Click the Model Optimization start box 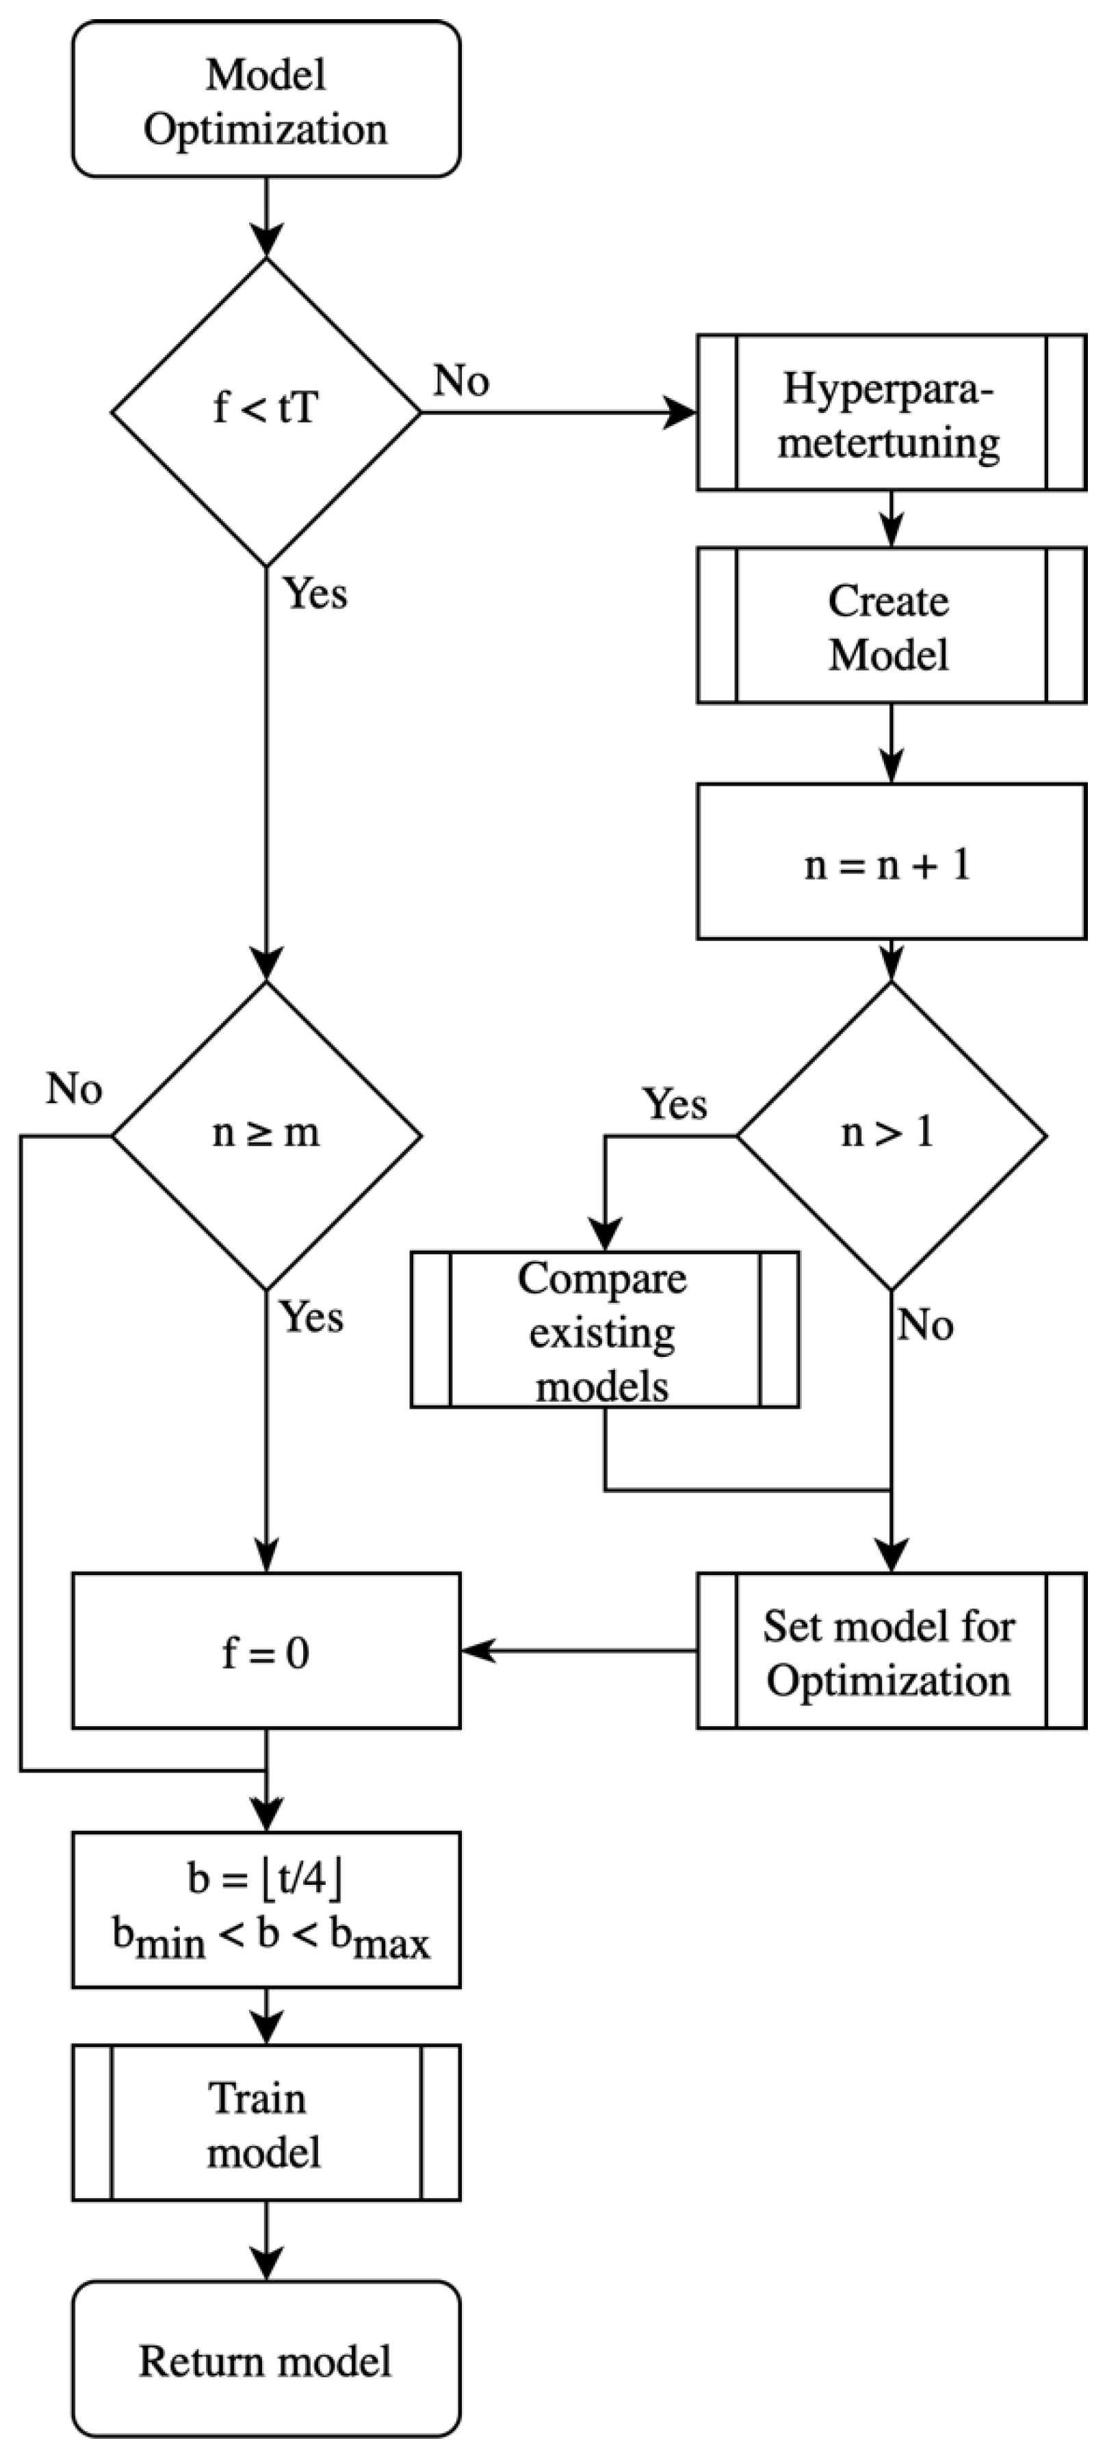click(x=265, y=99)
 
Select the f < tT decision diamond click(x=265, y=412)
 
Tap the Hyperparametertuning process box click(x=890, y=412)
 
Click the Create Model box click(x=890, y=626)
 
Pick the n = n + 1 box click(x=890, y=862)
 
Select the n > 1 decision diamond click(x=890, y=1135)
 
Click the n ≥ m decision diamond click(x=265, y=1135)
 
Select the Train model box click(x=265, y=2123)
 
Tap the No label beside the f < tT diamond click(x=461, y=381)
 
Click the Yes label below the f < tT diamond click(x=315, y=594)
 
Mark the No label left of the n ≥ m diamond click(x=73, y=1089)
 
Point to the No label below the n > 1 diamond click(x=924, y=1325)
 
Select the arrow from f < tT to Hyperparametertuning click(x=559, y=412)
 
